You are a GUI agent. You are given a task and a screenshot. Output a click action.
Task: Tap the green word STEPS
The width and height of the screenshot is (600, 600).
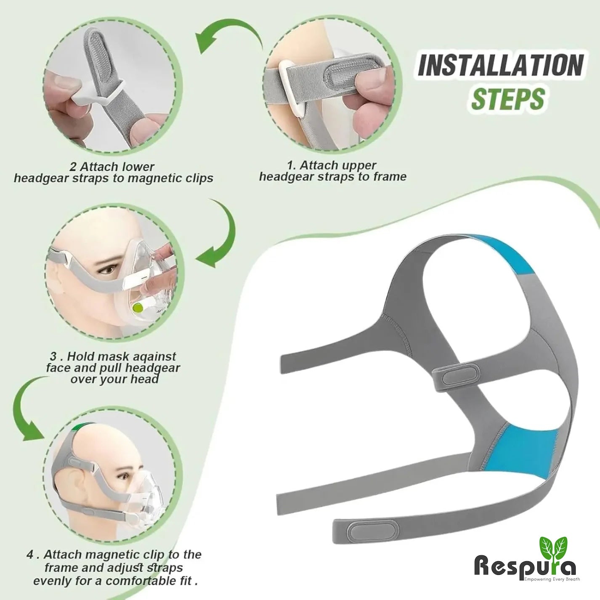pyautogui.click(x=508, y=98)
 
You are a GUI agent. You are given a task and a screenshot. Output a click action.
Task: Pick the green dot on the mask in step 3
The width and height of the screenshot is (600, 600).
pyautogui.click(x=137, y=308)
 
